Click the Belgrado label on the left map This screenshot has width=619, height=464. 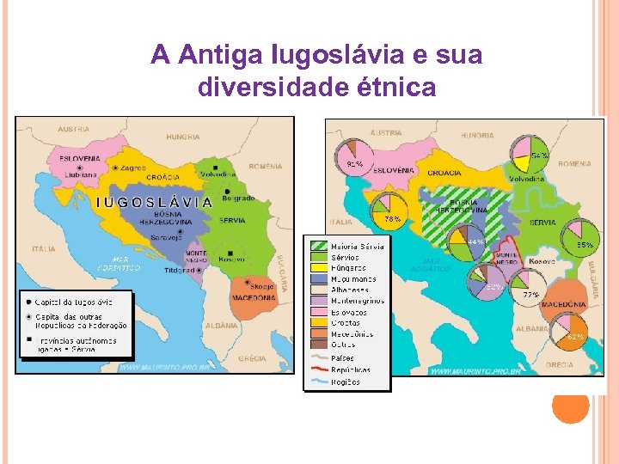[238, 198]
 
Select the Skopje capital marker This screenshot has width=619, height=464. [248, 282]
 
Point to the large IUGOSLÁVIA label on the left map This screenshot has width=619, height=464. [154, 203]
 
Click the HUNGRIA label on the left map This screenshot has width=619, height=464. [182, 136]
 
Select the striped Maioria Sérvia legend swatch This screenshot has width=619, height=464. [318, 247]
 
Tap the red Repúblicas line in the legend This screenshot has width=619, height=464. [318, 370]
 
